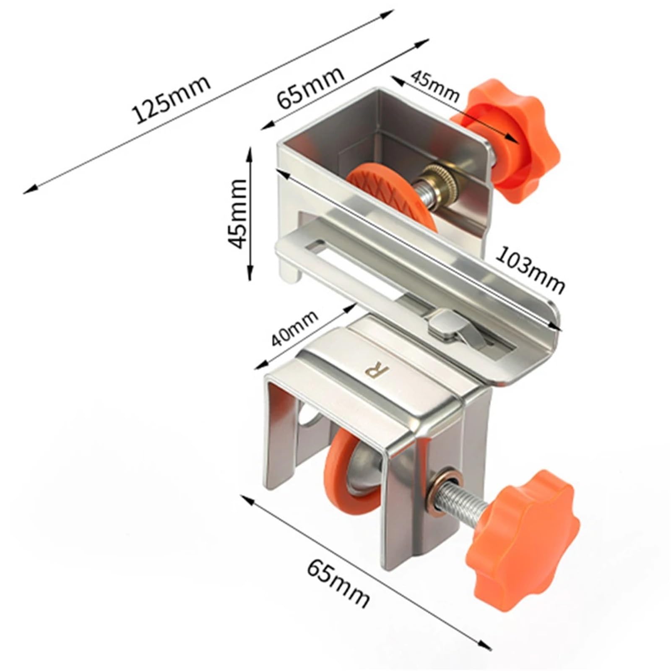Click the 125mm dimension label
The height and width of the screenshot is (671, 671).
(171, 100)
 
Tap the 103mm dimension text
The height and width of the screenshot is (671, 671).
(531, 270)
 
